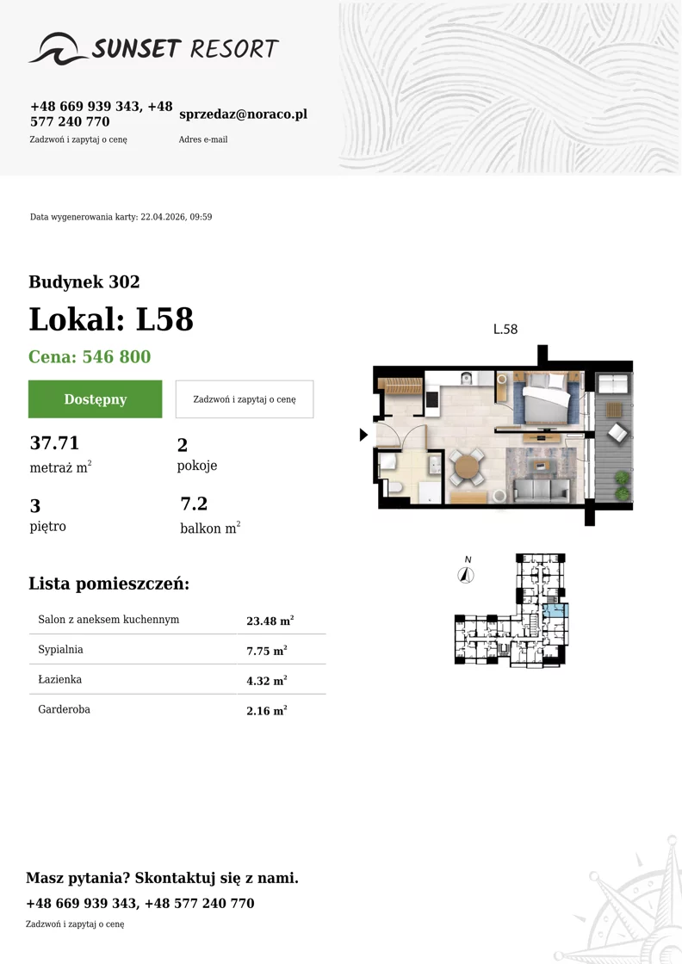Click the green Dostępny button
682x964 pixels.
click(96, 399)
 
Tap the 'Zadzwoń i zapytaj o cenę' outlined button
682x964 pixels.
click(245, 399)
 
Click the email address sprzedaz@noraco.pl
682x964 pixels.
click(243, 114)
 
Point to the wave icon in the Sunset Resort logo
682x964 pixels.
click(59, 48)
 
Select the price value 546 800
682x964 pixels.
click(116, 356)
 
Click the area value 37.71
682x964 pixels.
click(55, 442)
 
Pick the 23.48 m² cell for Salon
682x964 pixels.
click(270, 621)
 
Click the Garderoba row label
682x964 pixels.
click(64, 709)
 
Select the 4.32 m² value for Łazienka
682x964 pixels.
click(267, 681)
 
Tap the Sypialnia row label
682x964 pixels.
click(60, 649)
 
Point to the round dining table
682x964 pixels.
click(468, 467)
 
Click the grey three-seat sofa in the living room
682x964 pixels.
click(541, 490)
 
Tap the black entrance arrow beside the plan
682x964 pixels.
click(363, 435)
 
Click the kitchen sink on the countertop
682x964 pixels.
click(466, 378)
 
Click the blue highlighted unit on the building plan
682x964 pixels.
click(555, 611)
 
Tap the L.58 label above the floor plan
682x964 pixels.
click(505, 329)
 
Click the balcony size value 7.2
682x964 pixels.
click(194, 504)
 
